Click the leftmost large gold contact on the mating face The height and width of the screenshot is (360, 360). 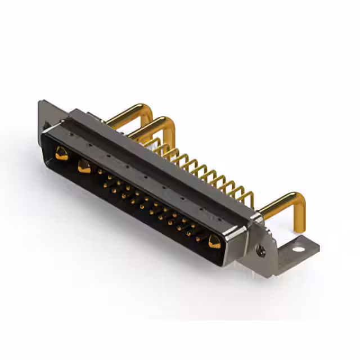61,152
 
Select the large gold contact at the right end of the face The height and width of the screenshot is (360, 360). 214,242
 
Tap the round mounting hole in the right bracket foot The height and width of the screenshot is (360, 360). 298,247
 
